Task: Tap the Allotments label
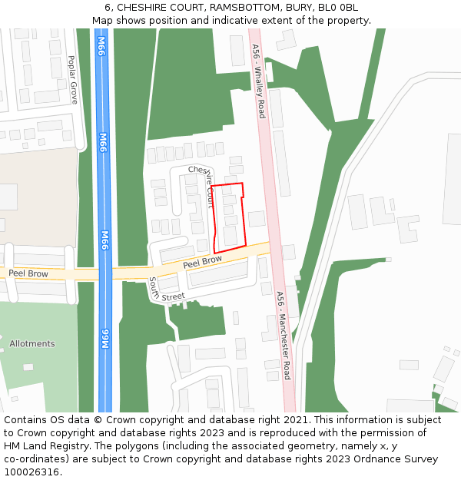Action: tap(32, 344)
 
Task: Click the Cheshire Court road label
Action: tap(203, 184)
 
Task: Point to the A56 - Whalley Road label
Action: tap(259, 81)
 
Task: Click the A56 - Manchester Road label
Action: tap(283, 335)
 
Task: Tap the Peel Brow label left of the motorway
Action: tap(28, 273)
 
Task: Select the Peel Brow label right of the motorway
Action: tap(203, 263)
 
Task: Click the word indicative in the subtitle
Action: tap(227, 21)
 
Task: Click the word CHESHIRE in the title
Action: tap(143, 8)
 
